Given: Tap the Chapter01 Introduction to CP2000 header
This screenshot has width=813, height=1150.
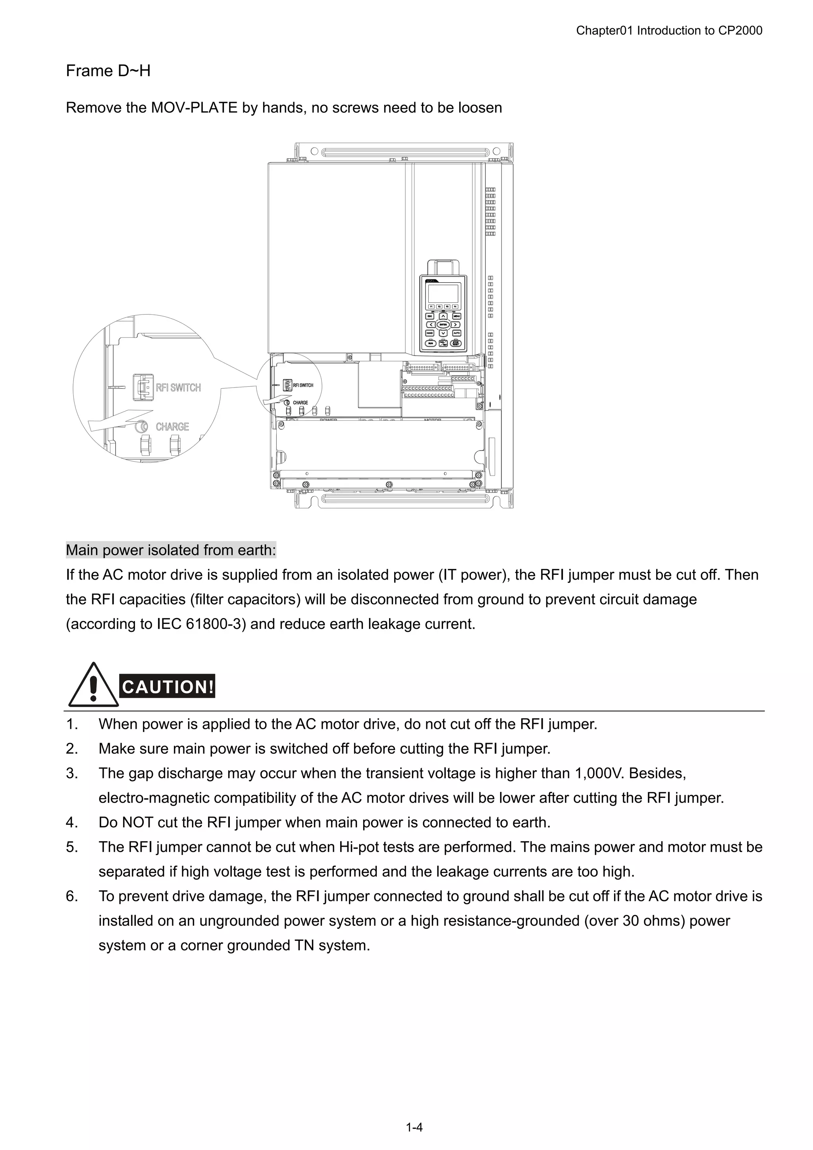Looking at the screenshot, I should point(669,31).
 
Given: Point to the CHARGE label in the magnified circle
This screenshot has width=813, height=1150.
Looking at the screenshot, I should point(172,427).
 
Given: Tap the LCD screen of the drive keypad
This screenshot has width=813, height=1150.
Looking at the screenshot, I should point(443,293).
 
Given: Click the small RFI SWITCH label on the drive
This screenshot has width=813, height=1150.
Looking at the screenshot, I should point(303,385).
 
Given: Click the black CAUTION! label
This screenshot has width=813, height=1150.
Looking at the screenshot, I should point(168,686).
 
